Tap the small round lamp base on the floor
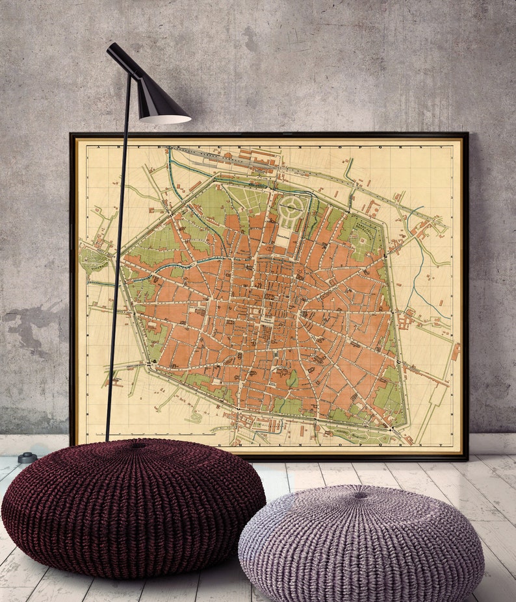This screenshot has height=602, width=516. [x=27, y=457]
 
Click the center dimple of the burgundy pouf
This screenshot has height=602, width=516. [x=136, y=446]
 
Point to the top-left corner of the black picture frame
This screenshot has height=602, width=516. [x=72, y=135]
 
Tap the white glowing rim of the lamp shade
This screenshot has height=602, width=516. [x=165, y=119]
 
